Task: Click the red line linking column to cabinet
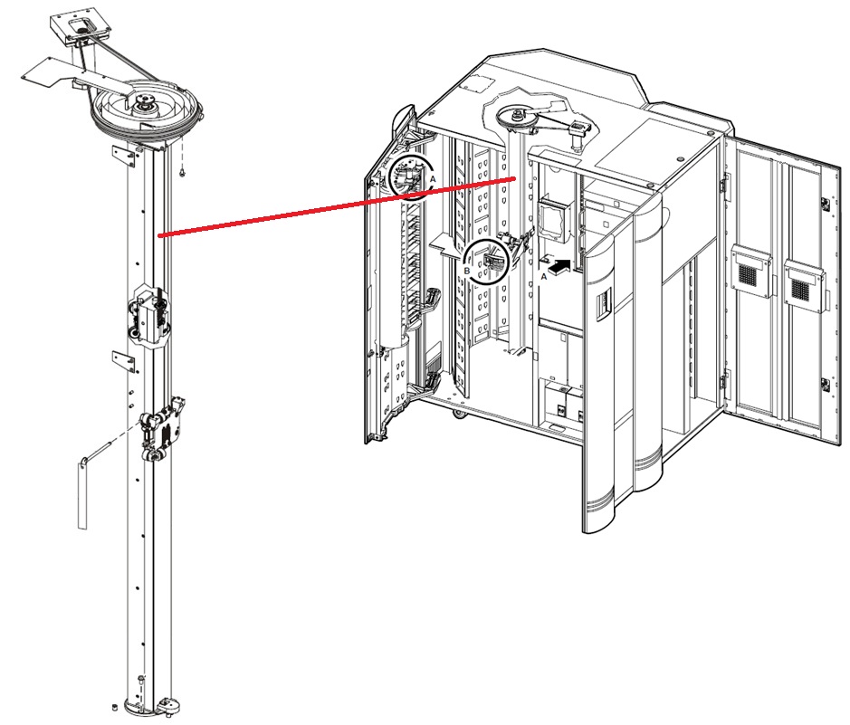336,206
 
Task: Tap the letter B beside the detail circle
467,270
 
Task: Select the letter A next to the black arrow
544,276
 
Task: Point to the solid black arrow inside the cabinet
559,266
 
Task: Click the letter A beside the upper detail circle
433,178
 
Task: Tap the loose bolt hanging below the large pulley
182,172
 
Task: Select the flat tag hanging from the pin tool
81,492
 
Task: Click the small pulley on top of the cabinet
517,116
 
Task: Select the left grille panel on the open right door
750,270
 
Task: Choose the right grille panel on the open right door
804,285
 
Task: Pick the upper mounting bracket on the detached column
124,157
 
